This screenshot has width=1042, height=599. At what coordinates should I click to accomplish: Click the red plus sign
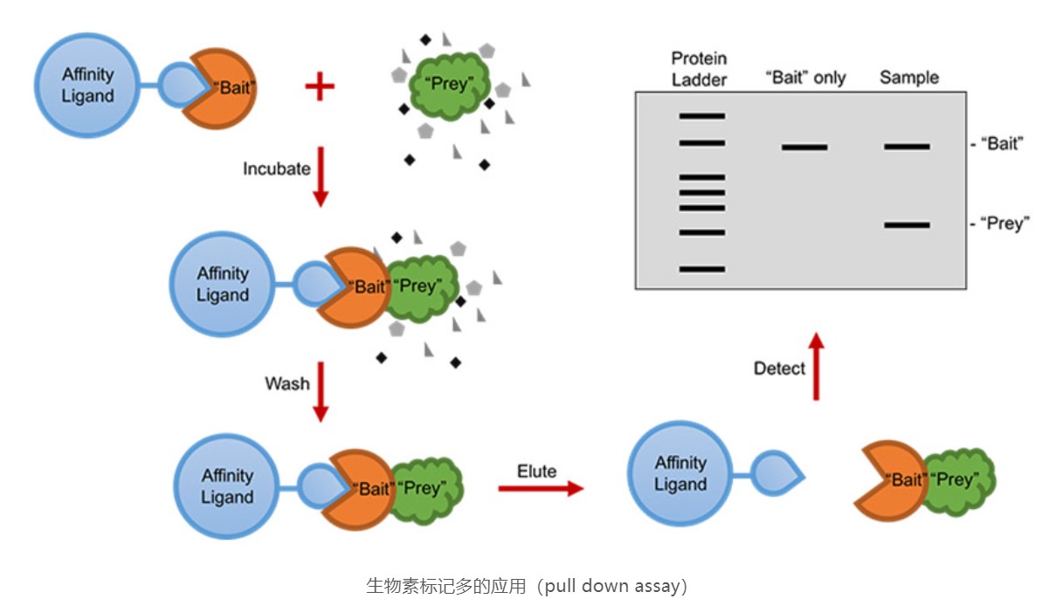pos(320,86)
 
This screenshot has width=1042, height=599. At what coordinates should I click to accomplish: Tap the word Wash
pos(287,383)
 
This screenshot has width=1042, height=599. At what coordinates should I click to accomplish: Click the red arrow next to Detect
pos(816,366)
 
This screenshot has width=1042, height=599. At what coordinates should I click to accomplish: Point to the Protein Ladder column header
pos(699,69)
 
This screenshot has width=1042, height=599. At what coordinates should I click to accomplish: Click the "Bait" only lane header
pos(805,78)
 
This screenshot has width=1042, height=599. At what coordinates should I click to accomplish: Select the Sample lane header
pos(909,78)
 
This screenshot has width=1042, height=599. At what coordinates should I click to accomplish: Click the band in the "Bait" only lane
pos(804,147)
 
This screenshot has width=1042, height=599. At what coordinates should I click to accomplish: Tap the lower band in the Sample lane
pos(907,225)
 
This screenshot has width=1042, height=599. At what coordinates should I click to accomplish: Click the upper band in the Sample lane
pos(907,146)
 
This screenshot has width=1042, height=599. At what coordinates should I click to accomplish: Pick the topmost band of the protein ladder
pos(702,115)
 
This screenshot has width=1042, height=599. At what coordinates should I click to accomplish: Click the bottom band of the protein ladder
pos(702,269)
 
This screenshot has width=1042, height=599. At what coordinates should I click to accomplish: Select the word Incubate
pos(276,169)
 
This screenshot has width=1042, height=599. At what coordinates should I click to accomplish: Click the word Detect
pos(779,368)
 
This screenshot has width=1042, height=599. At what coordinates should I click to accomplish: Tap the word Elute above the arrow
pos(536,472)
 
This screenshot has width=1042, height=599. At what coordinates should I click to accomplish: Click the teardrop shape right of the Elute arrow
pos(776,474)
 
